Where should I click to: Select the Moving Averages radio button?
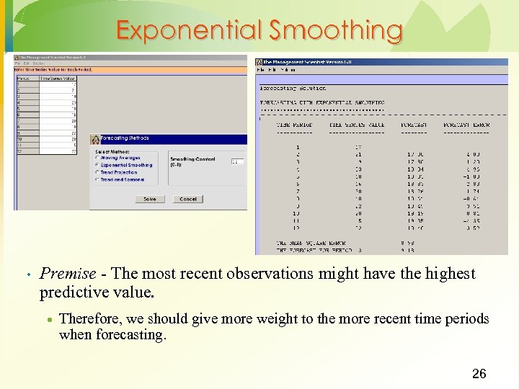[x=97, y=158]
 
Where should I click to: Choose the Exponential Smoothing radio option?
[x=97, y=165]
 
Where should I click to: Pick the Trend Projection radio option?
[x=97, y=172]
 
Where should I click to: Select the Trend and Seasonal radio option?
[x=97, y=179]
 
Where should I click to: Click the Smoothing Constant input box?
[x=237, y=161]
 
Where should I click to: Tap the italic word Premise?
[x=68, y=274]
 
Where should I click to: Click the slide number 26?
[x=479, y=373]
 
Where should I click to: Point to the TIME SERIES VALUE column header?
[x=357, y=125]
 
